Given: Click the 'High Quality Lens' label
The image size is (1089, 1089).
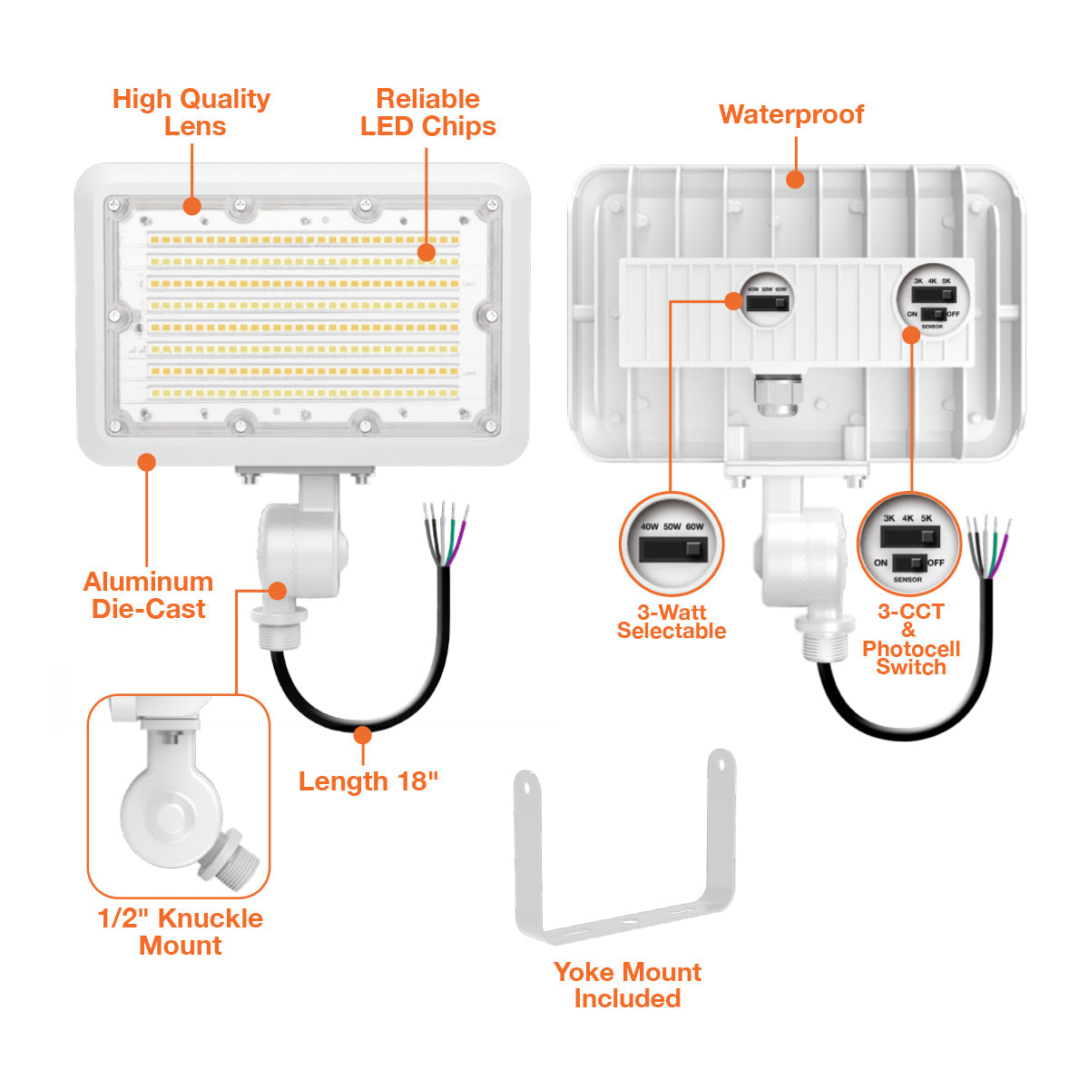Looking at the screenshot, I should (x=191, y=113).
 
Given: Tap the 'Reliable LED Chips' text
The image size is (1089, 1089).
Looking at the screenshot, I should (x=427, y=113).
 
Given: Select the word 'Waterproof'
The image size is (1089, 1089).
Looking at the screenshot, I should (x=791, y=114).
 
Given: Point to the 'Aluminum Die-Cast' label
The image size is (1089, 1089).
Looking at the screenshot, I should (x=149, y=595).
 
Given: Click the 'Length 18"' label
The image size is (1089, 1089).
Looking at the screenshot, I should (x=368, y=781).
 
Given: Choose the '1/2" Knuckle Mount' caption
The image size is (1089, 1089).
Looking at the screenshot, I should (x=181, y=932).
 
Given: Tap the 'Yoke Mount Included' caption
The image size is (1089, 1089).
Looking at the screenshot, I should (x=627, y=986).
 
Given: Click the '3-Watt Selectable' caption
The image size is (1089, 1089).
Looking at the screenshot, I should (x=672, y=622).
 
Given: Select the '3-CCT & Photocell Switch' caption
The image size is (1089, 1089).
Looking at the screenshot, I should (x=910, y=639).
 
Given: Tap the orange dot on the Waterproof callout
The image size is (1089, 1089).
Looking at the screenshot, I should (x=795, y=179).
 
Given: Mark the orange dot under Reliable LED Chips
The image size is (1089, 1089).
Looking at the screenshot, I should (x=427, y=251).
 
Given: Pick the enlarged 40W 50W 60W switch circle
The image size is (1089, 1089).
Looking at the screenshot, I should (x=672, y=544).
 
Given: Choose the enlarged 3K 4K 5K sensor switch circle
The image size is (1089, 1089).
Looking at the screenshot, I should (x=908, y=543).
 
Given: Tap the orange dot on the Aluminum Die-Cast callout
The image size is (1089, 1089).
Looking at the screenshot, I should (x=146, y=463).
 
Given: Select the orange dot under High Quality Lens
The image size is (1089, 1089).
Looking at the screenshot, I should (x=191, y=206).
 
